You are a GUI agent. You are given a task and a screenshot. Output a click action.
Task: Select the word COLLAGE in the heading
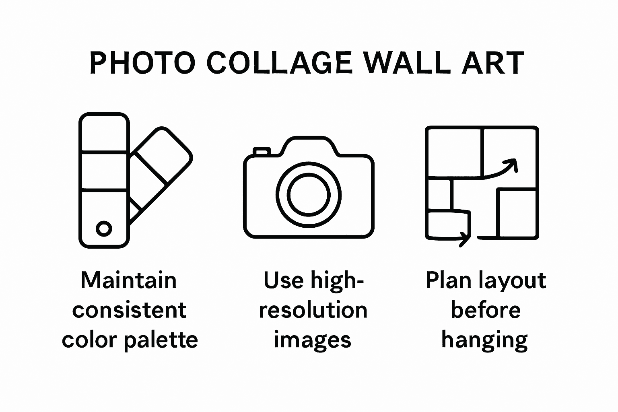(x=279, y=63)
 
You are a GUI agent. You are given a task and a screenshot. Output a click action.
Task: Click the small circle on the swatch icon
(x=104, y=229)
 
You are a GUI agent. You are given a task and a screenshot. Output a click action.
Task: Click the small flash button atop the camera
(x=261, y=151)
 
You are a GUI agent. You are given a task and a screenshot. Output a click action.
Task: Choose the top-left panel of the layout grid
(x=454, y=152)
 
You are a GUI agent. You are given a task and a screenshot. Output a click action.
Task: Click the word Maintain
(x=129, y=280)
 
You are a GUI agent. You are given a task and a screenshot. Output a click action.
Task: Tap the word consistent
(x=130, y=310)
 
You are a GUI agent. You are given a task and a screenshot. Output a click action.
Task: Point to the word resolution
(x=313, y=310)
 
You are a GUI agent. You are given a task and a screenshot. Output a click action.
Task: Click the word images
(x=313, y=340)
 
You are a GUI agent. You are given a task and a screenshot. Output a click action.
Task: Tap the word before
(x=485, y=310)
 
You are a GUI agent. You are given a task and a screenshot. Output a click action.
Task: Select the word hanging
(x=484, y=341)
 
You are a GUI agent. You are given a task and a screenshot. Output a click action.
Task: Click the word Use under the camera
(x=283, y=280)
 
